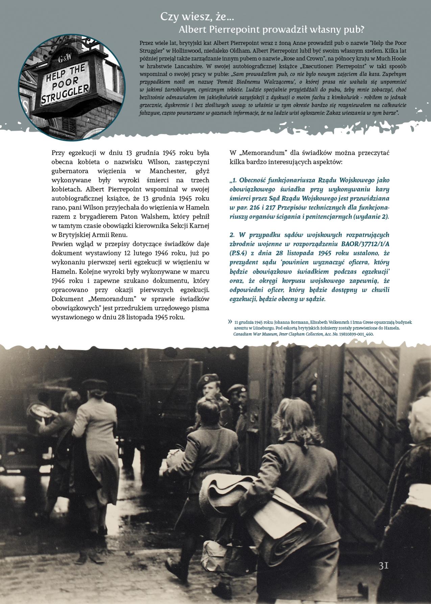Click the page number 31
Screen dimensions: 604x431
click(x=383, y=565)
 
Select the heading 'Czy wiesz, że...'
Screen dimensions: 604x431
click(x=197, y=17)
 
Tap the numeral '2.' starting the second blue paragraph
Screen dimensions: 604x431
click(x=232, y=235)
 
